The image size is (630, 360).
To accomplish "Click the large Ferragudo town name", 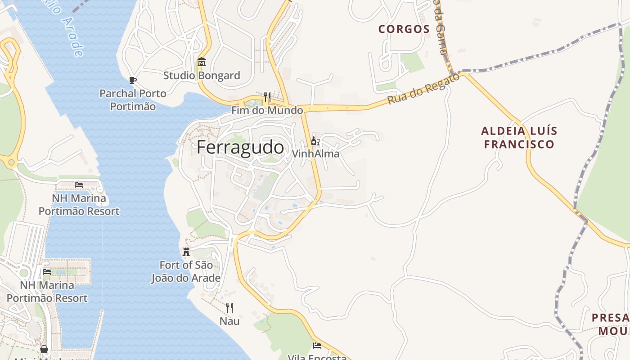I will tap(240, 148).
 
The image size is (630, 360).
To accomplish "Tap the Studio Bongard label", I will tap(202, 75).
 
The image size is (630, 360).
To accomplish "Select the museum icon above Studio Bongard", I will tap(202, 62).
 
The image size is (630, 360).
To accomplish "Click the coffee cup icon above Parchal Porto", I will tap(133, 80).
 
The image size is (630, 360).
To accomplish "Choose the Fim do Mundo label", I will tap(267, 110).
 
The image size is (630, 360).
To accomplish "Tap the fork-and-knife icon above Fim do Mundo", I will tap(267, 97).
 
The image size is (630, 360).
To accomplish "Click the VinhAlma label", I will tap(315, 153).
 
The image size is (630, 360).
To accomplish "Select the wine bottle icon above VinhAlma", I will tap(315, 141).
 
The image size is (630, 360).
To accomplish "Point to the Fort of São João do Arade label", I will tap(186, 271).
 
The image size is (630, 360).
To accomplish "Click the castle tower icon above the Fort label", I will tap(186, 252).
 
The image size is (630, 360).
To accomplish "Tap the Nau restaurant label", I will tap(229, 321).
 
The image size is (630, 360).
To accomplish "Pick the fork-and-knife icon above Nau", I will tap(229, 308).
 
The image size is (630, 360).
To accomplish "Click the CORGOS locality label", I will tap(404, 29).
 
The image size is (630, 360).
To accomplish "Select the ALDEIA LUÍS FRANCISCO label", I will tap(519, 138).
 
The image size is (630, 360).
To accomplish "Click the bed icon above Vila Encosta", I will tap(317, 346).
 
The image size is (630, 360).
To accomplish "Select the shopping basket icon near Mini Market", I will tap(44, 349).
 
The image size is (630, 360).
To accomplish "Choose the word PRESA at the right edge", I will tap(610, 318).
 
